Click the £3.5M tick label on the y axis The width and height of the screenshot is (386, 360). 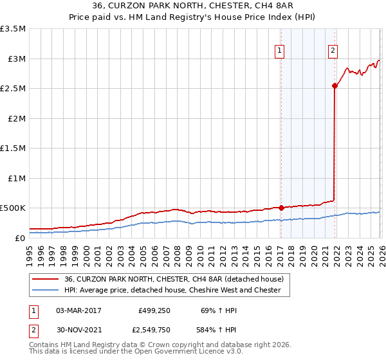(x=13, y=29)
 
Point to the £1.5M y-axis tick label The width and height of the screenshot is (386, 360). (x=13, y=148)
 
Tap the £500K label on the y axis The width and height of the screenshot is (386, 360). (x=13, y=208)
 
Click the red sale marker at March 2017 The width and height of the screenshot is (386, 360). (x=281, y=208)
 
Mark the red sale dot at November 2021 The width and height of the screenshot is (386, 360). (x=335, y=85)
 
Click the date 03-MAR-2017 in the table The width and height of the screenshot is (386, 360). (x=78, y=310)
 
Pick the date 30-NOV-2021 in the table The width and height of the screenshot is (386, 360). (x=78, y=330)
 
